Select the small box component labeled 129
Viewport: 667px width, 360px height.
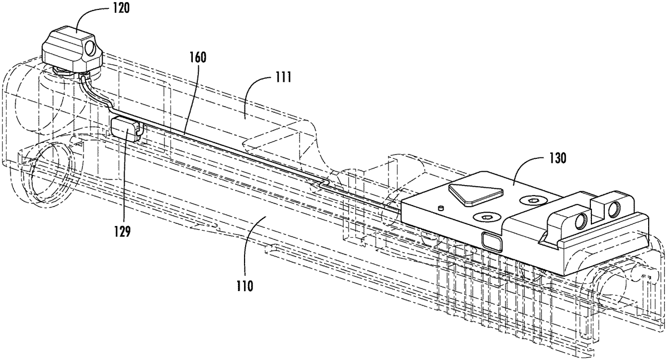click(127, 132)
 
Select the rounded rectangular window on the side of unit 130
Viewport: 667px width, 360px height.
click(491, 240)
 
